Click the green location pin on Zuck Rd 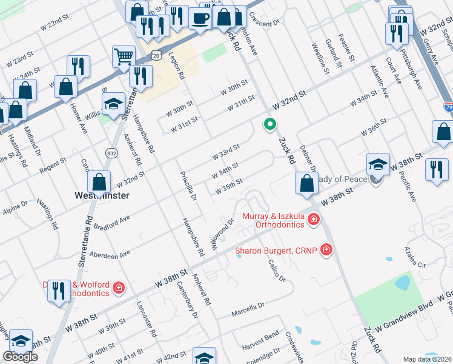coord(269,124)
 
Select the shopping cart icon coord(124,56)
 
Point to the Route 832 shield coord(111,152)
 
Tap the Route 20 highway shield coord(157,55)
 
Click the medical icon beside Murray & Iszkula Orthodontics coord(313,219)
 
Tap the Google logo coord(20,357)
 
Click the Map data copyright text coord(428,359)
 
